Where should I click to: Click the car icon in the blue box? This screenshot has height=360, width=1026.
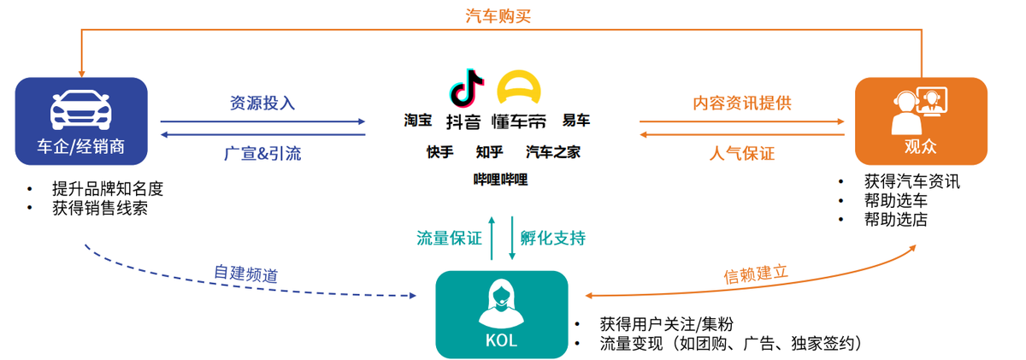click(x=82, y=109)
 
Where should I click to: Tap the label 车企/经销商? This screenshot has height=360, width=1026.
click(x=82, y=146)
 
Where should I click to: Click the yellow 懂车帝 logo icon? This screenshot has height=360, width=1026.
click(x=522, y=87)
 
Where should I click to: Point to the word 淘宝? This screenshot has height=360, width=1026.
click(x=418, y=120)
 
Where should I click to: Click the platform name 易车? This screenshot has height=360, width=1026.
click(x=575, y=120)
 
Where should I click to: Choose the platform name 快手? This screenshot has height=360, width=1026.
click(x=440, y=152)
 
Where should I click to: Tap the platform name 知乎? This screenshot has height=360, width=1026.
click(x=489, y=152)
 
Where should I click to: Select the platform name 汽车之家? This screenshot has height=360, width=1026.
click(x=553, y=152)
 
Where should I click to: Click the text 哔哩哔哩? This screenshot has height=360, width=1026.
click(x=501, y=179)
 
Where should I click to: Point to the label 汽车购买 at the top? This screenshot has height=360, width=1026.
click(x=499, y=15)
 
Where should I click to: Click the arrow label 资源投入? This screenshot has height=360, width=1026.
click(x=262, y=103)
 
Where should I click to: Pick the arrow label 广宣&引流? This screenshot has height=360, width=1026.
click(x=262, y=154)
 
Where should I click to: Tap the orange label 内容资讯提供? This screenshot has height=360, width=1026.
click(x=742, y=103)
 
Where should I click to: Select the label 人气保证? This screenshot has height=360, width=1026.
click(x=742, y=154)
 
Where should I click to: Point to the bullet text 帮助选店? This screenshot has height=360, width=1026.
click(x=895, y=220)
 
